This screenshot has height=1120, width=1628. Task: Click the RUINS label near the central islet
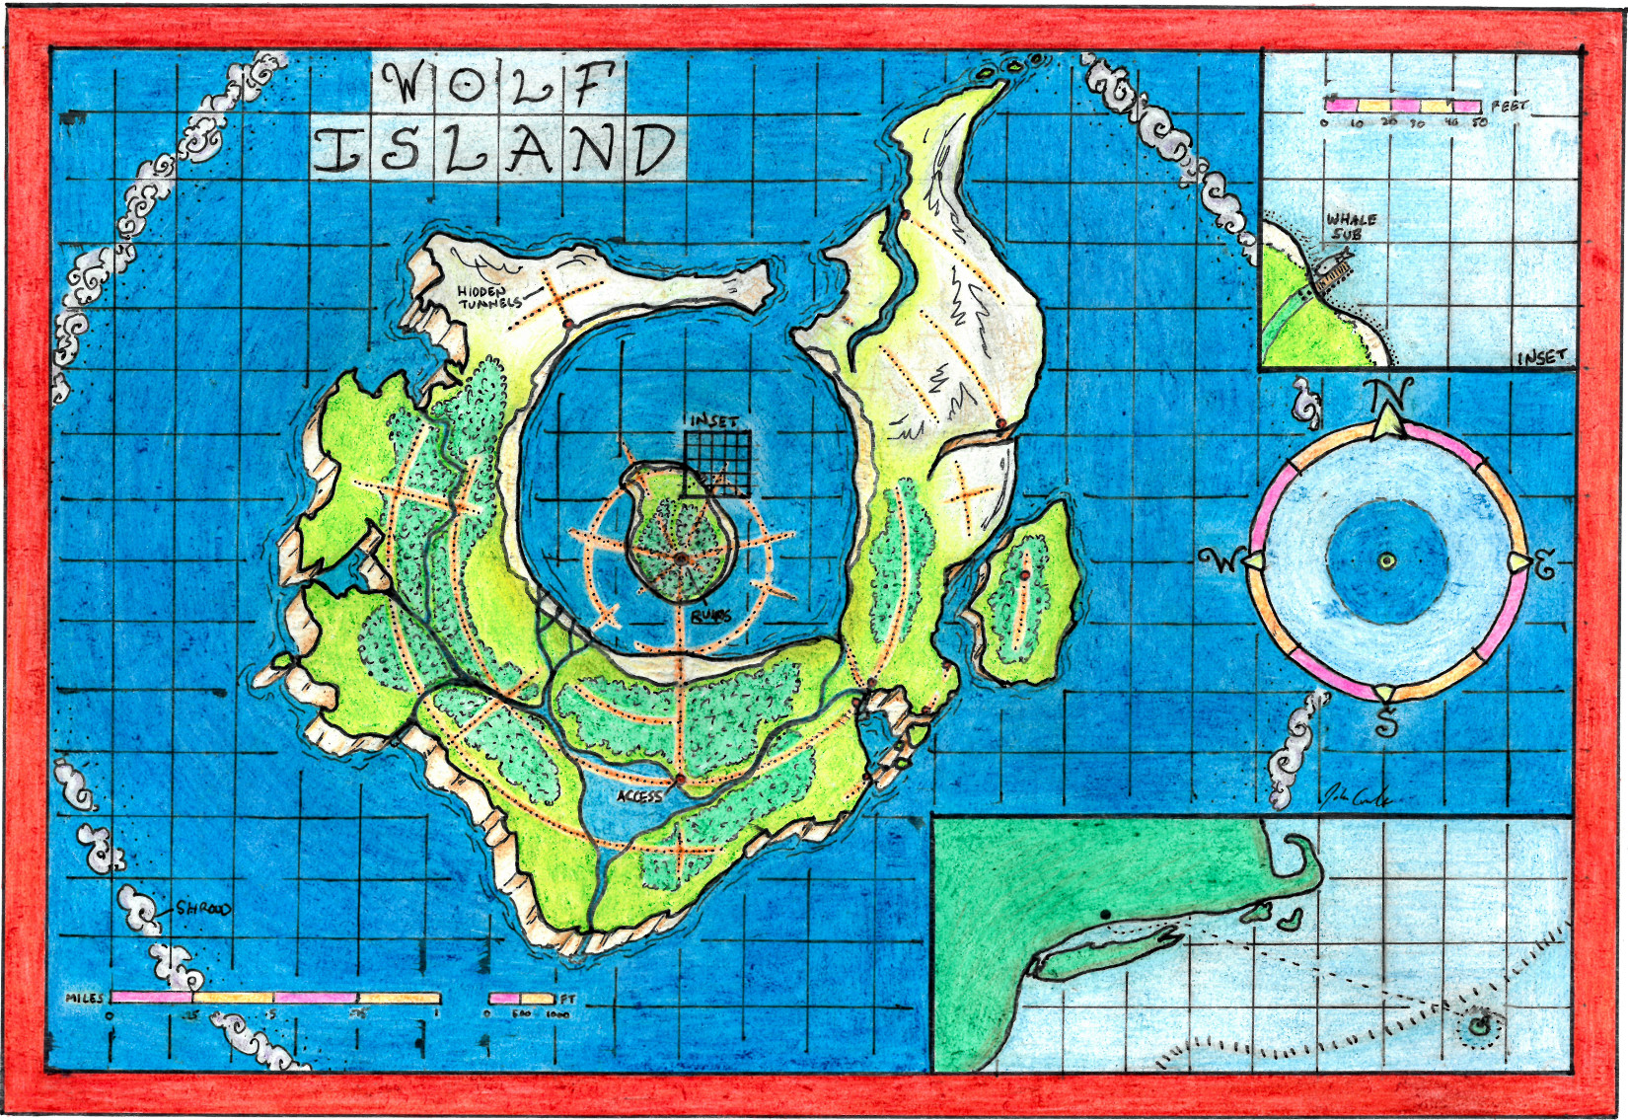point(710,616)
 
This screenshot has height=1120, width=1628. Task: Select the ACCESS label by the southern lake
point(639,795)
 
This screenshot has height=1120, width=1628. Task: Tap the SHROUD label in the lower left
point(203,909)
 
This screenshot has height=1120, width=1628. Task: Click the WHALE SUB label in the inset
point(1351,227)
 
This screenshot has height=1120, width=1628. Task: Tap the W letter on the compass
point(1220,561)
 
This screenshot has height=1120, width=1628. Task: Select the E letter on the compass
point(1544,566)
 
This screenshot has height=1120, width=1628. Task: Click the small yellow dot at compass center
point(1386,561)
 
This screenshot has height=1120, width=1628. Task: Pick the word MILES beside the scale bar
point(85,999)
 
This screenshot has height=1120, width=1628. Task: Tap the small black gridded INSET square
point(718,462)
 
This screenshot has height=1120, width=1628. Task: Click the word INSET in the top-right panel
point(1541,357)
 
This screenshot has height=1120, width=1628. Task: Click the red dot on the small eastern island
point(1025,574)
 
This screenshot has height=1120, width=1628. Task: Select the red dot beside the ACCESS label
point(680,782)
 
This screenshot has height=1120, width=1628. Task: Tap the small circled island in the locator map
point(1477,1027)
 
